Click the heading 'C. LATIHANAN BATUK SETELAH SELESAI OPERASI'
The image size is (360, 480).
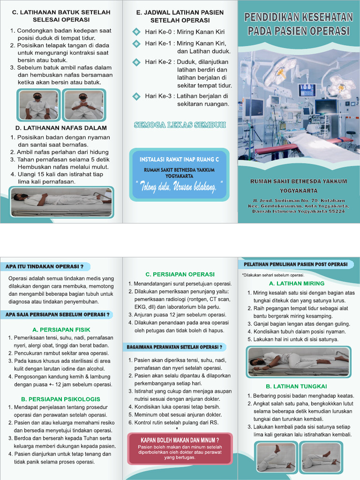pos(61,16)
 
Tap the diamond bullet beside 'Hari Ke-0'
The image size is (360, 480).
pos(136,32)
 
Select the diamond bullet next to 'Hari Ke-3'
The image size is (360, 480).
pos(136,96)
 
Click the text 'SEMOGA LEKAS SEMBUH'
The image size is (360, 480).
pos(180,125)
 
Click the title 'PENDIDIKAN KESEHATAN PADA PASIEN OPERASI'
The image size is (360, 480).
pos(299,25)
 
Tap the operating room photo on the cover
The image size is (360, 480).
pos(299,108)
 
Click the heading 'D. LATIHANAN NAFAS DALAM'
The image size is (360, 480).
pos(61,127)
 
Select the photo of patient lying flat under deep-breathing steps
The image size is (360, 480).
pos(62,199)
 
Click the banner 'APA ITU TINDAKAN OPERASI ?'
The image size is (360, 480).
pos(45,267)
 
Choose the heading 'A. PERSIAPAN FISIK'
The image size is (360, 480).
pos(61,330)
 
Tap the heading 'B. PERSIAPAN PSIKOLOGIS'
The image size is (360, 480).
pos(61,399)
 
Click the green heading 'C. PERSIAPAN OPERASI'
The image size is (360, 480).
pos(180,274)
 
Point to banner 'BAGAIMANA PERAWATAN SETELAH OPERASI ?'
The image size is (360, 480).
pos(174,347)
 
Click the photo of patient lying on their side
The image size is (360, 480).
pos(299,362)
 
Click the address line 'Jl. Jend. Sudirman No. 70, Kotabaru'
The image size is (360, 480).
pos(299,201)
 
